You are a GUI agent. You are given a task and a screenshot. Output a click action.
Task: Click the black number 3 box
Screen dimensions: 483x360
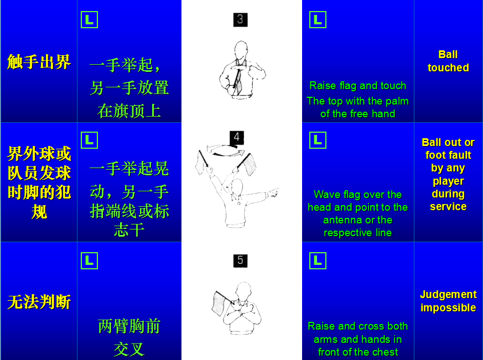tap(240, 20)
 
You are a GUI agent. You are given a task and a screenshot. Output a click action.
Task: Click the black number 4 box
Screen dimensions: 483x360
tap(237, 137)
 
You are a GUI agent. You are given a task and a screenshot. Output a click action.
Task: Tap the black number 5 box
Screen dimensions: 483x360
tap(240, 260)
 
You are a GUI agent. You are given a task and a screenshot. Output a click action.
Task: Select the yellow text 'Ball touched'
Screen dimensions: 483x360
tap(448, 61)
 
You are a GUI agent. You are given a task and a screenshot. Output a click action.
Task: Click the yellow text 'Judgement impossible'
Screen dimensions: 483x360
tap(448, 301)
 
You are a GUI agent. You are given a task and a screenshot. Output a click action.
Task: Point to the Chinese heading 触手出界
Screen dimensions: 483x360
tap(39, 62)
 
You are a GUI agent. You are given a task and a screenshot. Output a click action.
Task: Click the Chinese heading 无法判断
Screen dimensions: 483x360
tap(39, 302)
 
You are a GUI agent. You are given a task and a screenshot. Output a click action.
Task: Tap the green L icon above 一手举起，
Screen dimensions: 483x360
tap(89, 20)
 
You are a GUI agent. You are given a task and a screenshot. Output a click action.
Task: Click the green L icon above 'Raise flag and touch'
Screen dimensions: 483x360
tap(318, 20)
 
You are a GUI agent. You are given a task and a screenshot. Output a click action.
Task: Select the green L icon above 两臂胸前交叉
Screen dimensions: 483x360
tap(89, 260)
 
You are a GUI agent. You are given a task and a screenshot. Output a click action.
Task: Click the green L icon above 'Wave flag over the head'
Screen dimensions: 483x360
tap(318, 140)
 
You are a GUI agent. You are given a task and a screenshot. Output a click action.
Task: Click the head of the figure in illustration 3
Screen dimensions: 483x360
tap(241, 50)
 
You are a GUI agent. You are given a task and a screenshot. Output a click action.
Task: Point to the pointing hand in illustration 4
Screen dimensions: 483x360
tap(273, 193)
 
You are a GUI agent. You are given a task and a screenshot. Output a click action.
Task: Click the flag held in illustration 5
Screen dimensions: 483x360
tap(219, 304)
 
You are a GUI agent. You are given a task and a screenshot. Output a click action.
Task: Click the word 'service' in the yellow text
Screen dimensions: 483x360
tap(448, 206)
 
